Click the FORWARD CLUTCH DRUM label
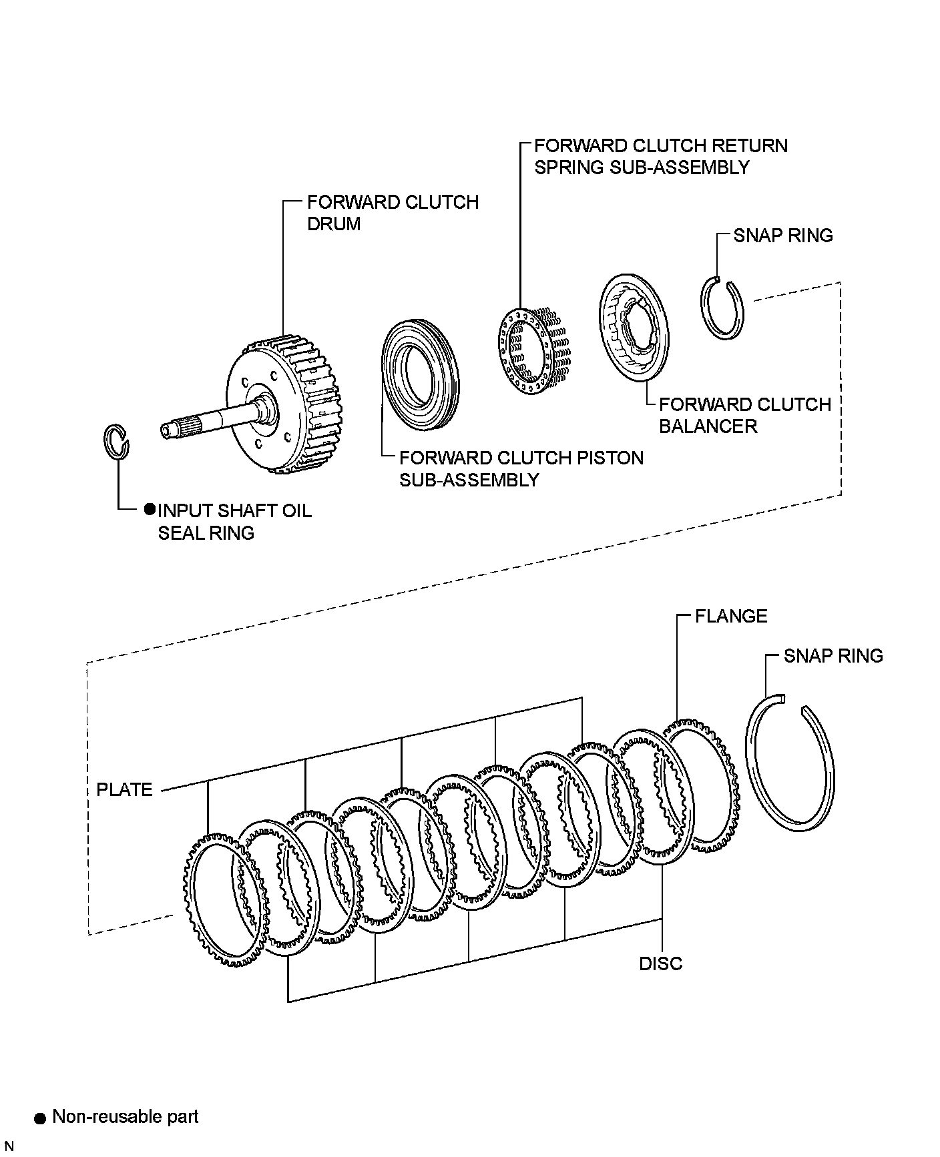[393, 213]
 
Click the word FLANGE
[731, 616]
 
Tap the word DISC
[661, 963]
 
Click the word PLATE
[125, 789]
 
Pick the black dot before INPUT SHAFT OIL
[150, 510]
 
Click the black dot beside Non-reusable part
[41, 1118]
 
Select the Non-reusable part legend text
[125, 1116]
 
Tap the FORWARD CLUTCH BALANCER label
[744, 415]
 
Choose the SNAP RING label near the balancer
[783, 236]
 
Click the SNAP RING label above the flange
[833, 656]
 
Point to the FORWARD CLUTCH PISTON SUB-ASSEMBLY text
[521, 468]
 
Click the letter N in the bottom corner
[9, 1146]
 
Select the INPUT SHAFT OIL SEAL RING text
[234, 521]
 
